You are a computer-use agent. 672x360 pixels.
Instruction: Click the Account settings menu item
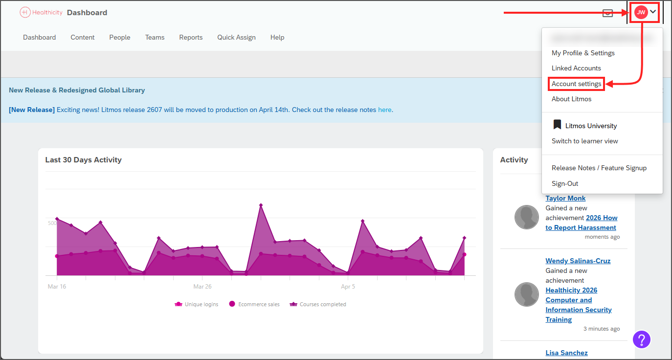576,84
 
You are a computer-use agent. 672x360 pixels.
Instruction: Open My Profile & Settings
583,53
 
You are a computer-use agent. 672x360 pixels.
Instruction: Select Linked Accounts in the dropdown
576,68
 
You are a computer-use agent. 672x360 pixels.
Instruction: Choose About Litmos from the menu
571,99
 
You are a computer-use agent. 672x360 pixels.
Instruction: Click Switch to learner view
584,141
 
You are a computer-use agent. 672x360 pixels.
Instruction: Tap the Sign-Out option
565,183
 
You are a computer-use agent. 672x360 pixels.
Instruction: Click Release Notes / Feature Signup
599,168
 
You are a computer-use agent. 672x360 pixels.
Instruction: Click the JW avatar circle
641,12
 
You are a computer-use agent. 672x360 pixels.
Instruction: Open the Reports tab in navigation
191,37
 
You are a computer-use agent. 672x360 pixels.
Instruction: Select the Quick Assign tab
236,37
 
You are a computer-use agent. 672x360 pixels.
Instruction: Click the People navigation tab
120,37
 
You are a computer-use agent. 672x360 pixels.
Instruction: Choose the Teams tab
155,37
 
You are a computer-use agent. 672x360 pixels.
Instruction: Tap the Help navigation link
277,37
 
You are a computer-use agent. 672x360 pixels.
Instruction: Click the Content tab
83,37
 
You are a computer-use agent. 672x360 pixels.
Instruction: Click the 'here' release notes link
384,110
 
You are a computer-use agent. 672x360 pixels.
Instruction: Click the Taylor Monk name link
565,198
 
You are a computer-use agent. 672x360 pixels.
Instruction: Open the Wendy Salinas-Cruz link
578,261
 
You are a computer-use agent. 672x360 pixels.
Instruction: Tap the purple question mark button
642,339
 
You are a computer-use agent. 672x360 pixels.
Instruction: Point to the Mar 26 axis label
202,287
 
